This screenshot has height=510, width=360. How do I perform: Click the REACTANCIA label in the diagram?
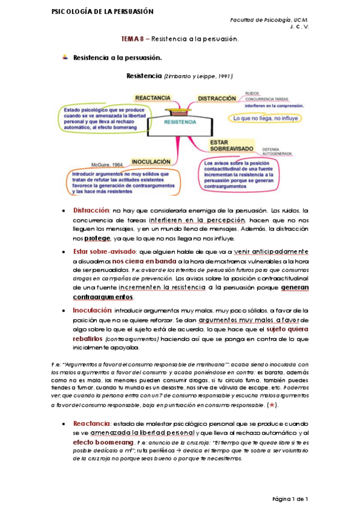[x=153, y=97]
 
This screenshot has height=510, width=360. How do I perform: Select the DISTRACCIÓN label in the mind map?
[x=216, y=98]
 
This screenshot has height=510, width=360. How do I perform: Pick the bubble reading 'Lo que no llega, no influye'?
[x=262, y=118]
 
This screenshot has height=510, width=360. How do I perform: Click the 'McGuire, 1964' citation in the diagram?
[x=106, y=164]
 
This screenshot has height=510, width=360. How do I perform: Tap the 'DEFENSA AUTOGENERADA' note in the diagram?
[x=277, y=150]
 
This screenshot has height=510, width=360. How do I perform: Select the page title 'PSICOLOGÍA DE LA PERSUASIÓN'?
[x=94, y=11]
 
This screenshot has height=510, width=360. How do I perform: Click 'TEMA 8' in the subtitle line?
[x=132, y=39]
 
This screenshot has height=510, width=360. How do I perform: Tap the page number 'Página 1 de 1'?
[x=290, y=499]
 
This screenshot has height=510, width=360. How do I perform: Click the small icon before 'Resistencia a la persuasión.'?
[x=64, y=58]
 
